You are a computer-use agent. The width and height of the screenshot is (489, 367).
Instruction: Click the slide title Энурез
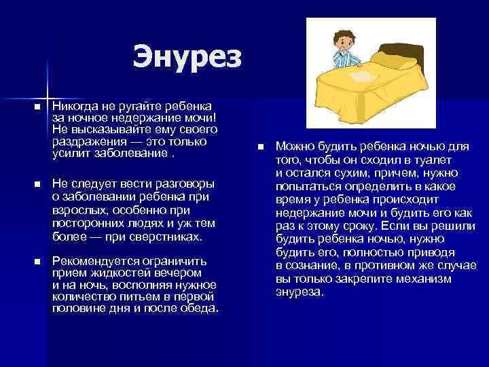click(187, 56)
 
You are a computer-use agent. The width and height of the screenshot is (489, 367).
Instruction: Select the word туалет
click(443, 160)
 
